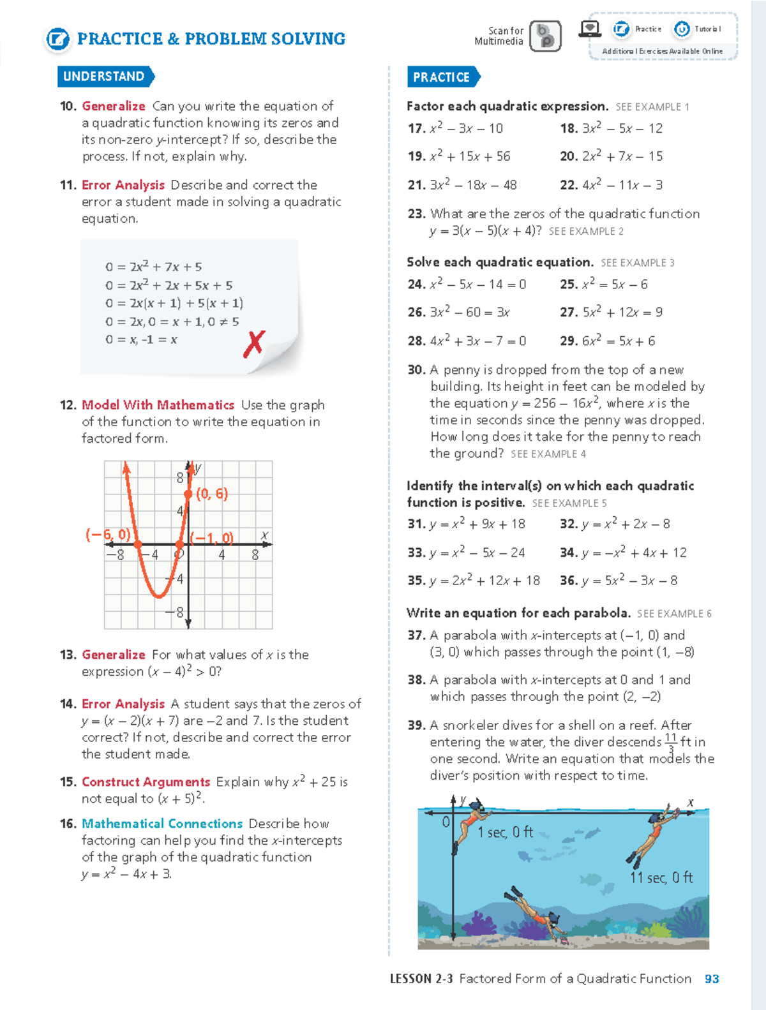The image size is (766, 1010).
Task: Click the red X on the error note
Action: click(x=254, y=343)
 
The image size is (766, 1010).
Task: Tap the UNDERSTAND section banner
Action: click(x=104, y=77)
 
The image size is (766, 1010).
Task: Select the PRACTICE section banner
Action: click(x=442, y=77)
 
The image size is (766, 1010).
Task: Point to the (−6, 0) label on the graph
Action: click(x=108, y=535)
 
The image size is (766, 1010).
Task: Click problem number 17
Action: click(x=416, y=128)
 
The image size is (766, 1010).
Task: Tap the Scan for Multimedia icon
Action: click(x=545, y=36)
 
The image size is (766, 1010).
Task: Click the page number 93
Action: click(x=712, y=979)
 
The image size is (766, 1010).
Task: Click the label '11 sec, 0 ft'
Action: click(x=661, y=878)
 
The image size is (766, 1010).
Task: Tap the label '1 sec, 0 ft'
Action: click(x=505, y=832)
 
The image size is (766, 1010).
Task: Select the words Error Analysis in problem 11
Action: click(x=123, y=185)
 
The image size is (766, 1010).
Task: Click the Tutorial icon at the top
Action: click(x=682, y=29)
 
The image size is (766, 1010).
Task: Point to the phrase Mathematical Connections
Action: click(x=162, y=824)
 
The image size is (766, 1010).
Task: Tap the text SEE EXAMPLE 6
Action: click(x=674, y=614)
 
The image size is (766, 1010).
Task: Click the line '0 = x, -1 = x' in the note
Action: click(x=141, y=339)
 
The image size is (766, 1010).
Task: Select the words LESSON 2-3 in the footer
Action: click(x=421, y=979)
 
